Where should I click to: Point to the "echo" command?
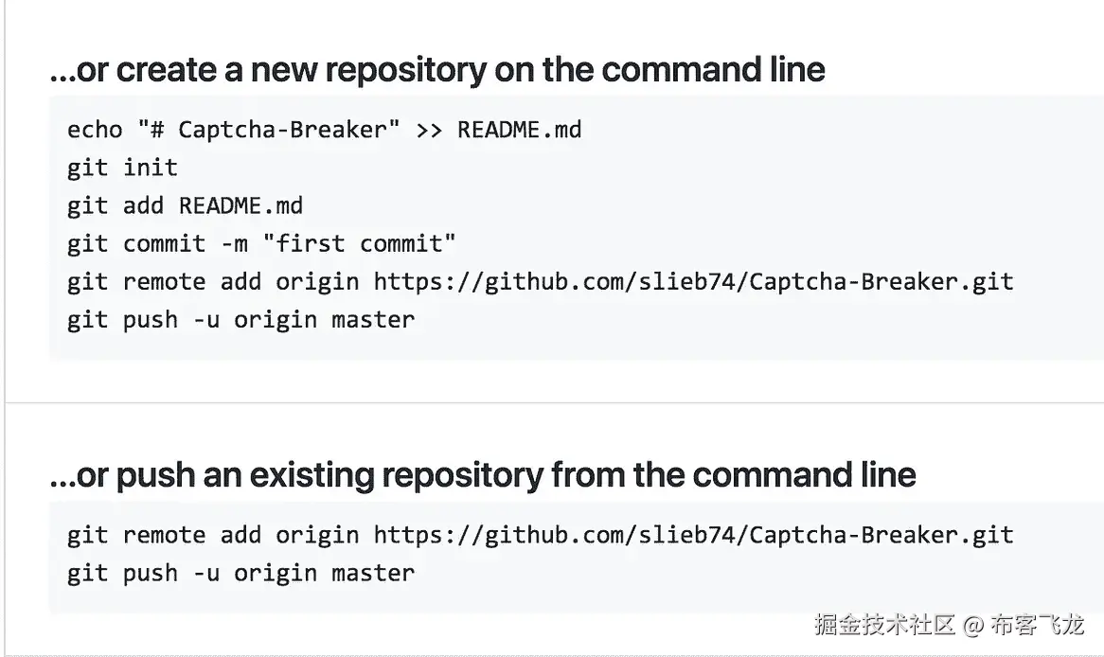pos(95,129)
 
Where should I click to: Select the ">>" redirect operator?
pos(428,129)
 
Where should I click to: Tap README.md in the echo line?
pos(519,129)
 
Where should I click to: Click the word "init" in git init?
pos(151,168)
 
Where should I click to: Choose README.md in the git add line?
pos(240,205)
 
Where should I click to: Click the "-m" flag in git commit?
pos(234,243)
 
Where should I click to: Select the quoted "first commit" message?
pos(360,243)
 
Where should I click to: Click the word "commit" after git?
pos(164,243)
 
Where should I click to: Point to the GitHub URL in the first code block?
pos(693,281)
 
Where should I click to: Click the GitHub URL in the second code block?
pos(693,535)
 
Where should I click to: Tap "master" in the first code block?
pos(373,319)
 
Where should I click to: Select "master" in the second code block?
pos(373,573)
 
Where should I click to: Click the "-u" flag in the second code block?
pos(205,573)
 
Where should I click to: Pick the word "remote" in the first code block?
pos(164,281)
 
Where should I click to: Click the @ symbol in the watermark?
pos(973,625)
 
